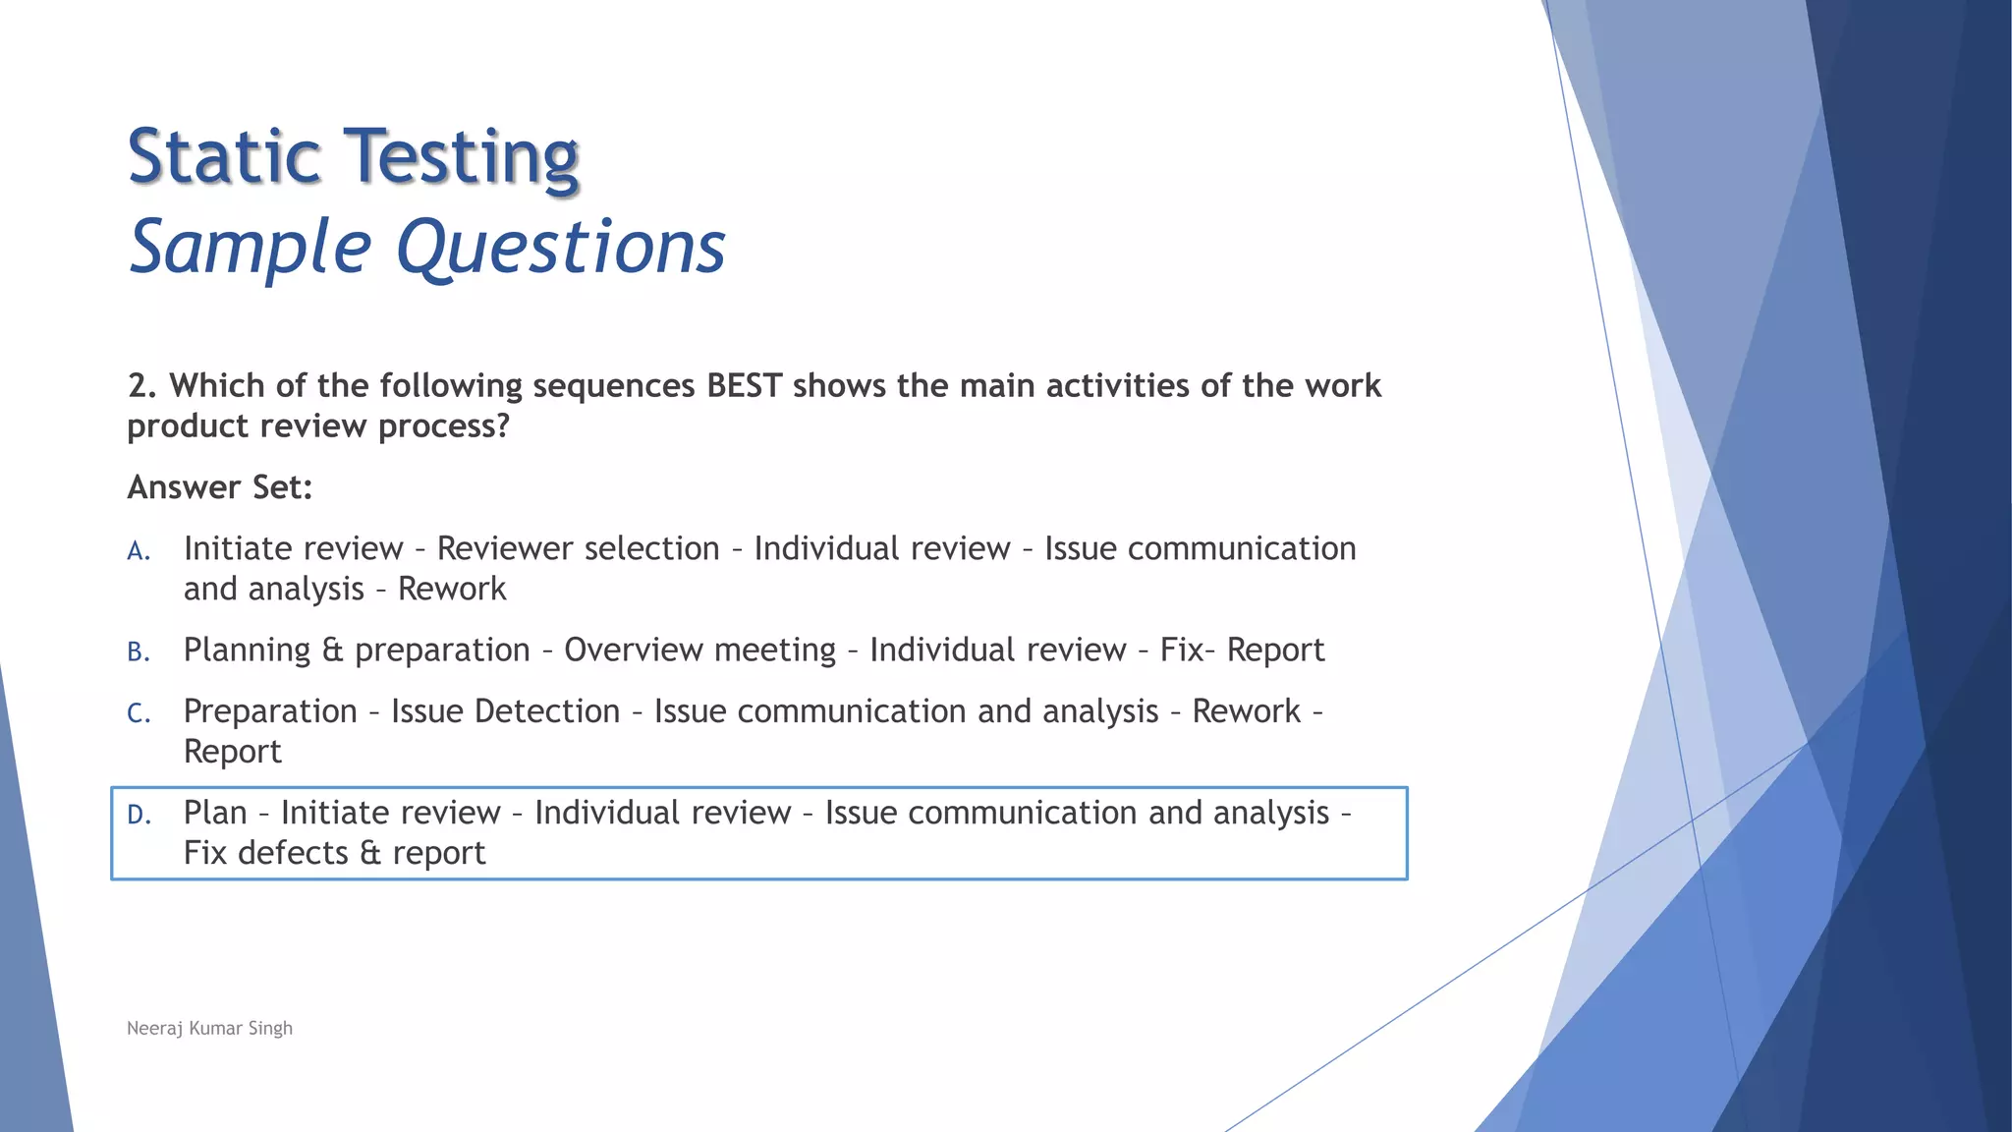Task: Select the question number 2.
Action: coord(140,386)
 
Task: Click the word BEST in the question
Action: coord(744,386)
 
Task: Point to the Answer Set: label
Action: coord(219,487)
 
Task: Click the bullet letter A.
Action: coord(139,551)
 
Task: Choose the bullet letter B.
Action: coord(139,652)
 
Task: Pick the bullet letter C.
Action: coord(139,713)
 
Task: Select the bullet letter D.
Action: coord(139,815)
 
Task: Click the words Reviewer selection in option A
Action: coord(578,548)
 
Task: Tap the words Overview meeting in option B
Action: coord(699,650)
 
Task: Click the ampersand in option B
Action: coord(332,651)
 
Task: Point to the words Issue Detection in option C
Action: coord(505,711)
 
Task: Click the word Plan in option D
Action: coord(214,813)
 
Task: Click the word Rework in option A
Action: coord(452,590)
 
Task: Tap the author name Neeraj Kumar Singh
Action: coord(209,1028)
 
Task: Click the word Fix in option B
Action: coord(1180,650)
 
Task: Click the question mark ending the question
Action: coord(503,426)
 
